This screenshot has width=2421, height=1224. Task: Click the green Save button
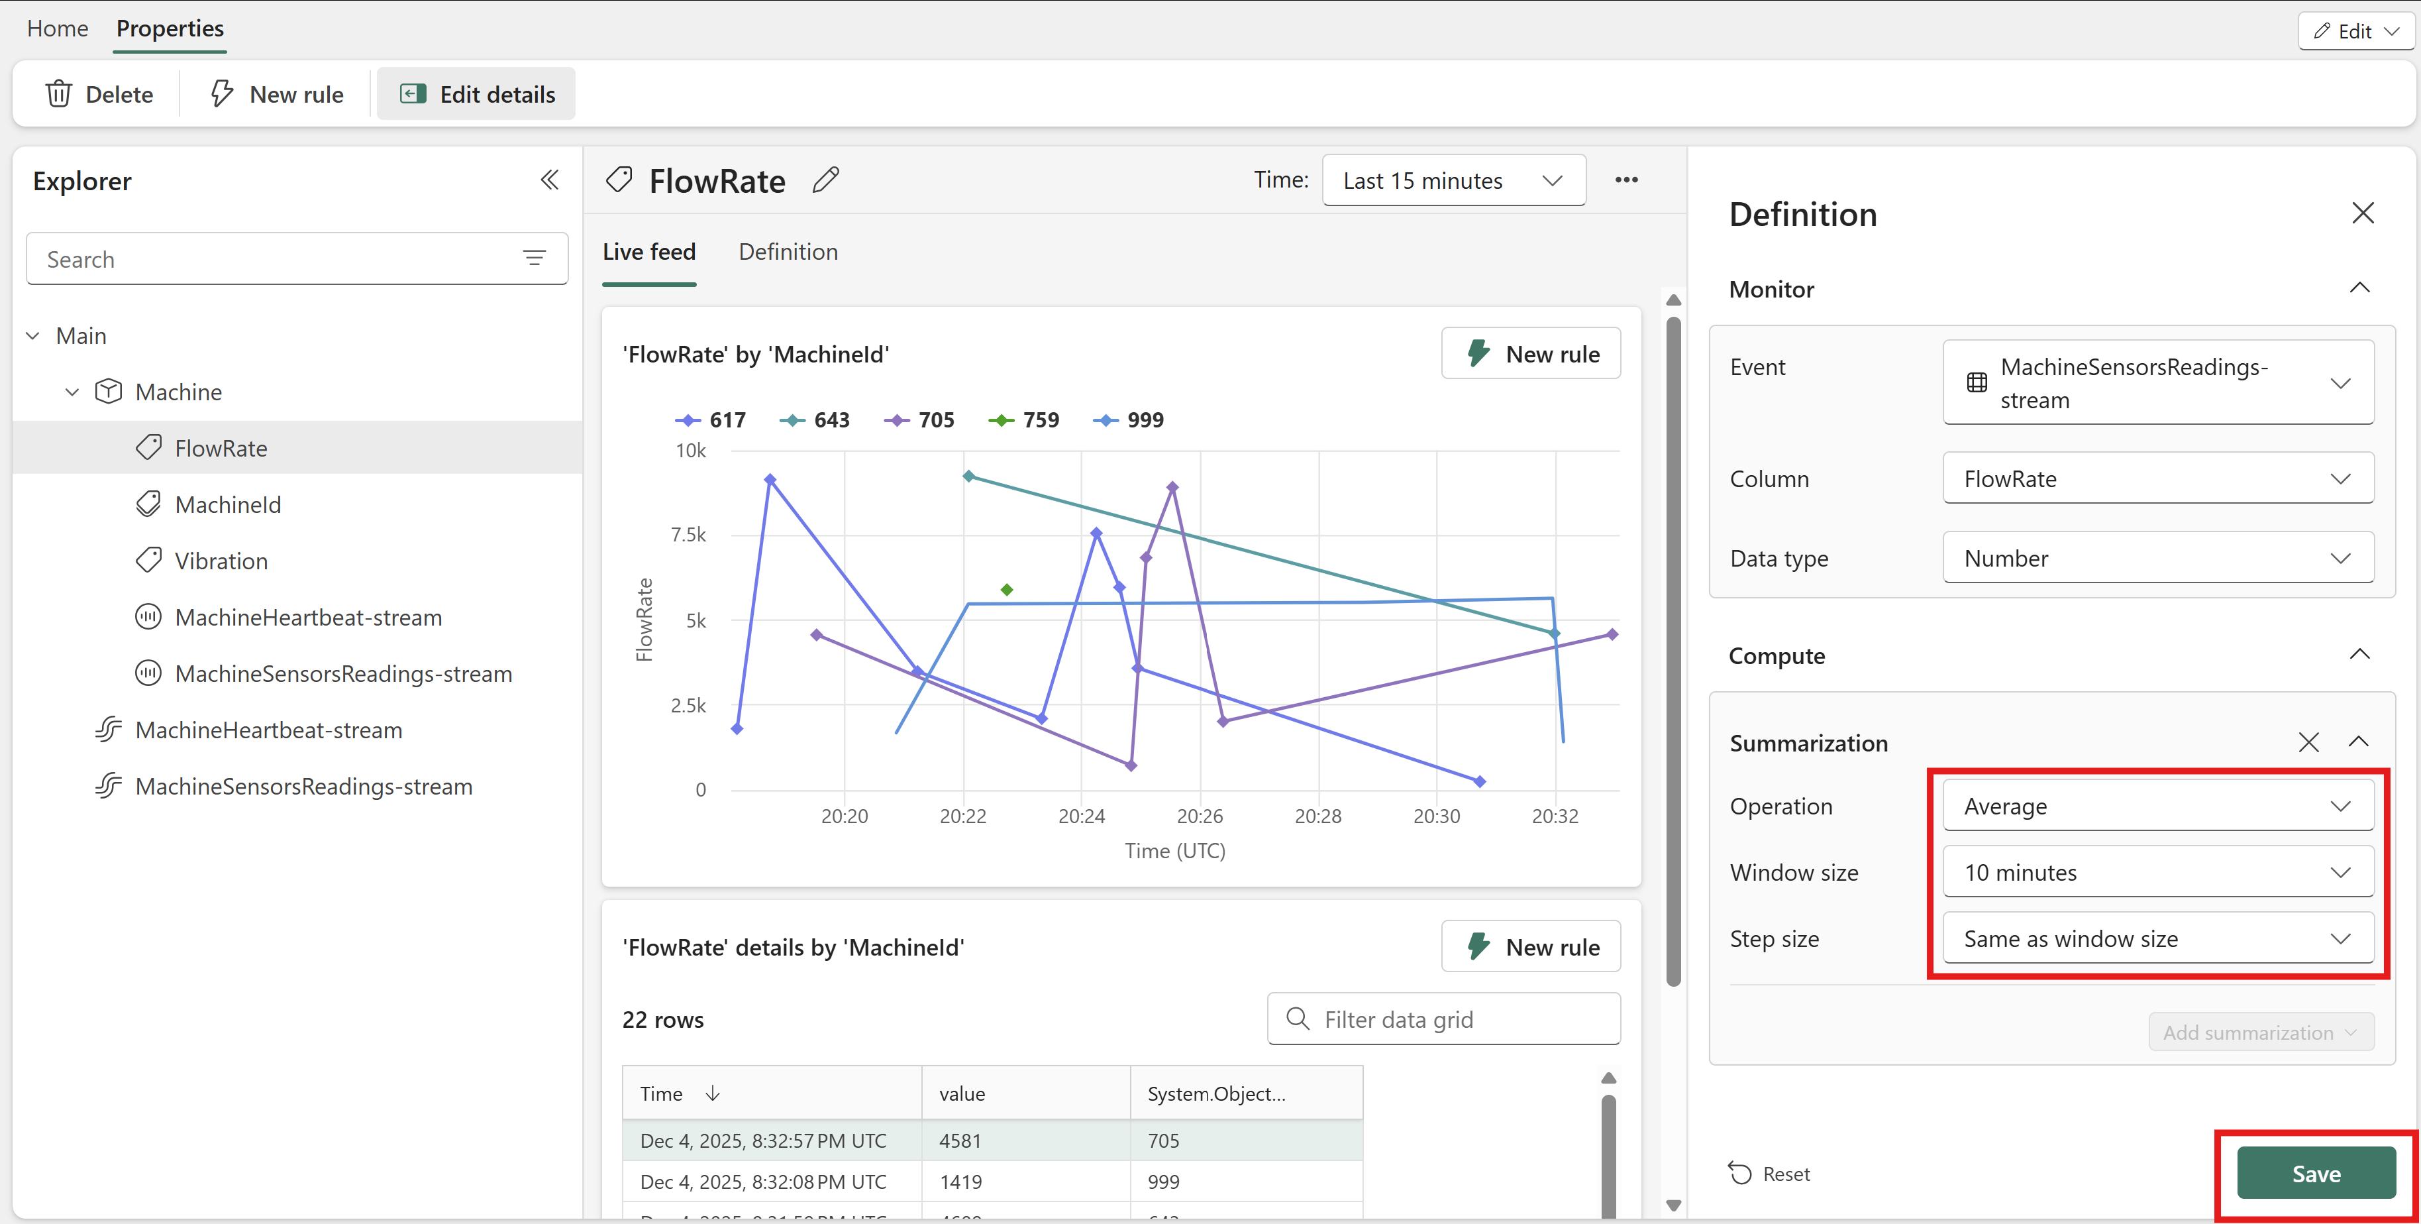coord(2316,1172)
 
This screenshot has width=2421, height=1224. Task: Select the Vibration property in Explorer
coord(221,561)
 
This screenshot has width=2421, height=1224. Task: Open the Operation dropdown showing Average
coord(2158,806)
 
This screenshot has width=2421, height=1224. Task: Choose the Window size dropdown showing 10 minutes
coord(2158,871)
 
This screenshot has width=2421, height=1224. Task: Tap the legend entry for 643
coord(814,419)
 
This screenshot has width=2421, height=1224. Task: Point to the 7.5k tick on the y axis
coord(688,535)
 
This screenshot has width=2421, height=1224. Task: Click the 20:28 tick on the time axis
coord(1317,816)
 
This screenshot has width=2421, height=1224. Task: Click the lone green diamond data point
coord(1007,589)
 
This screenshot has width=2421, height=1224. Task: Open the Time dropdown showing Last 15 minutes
coord(1454,180)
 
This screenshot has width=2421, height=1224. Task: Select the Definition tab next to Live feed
coord(788,252)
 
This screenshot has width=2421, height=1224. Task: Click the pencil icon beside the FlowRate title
coord(825,180)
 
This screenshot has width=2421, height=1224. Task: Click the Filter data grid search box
coord(1443,1019)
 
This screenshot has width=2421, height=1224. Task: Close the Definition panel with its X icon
coord(2362,213)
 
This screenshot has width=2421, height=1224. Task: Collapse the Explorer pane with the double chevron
coord(550,180)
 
